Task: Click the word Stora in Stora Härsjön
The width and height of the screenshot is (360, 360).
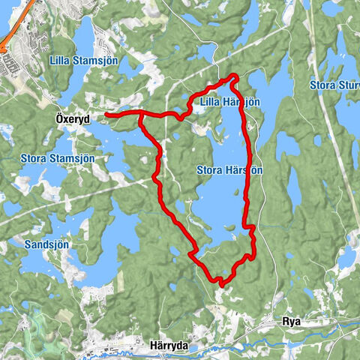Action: click(210, 170)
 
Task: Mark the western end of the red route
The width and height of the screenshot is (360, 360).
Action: click(106, 115)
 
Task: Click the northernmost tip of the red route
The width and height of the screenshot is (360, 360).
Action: click(235, 75)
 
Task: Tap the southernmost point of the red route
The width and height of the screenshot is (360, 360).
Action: click(220, 283)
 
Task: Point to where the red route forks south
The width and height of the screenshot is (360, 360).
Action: click(140, 115)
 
